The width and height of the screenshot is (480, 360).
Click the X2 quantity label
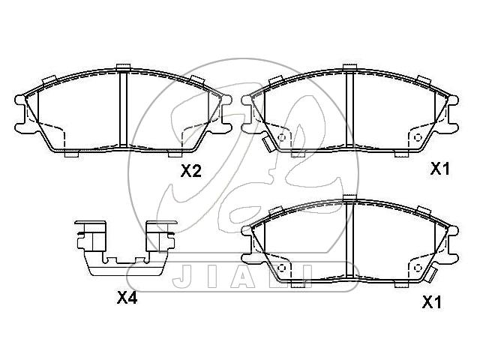[191, 171]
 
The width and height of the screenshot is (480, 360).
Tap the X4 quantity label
[127, 298]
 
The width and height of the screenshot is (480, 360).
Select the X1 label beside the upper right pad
[440, 169]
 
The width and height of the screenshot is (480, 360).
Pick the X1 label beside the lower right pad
[432, 302]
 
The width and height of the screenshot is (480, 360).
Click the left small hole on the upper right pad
[282, 137]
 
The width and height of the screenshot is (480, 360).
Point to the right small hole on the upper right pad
[418, 137]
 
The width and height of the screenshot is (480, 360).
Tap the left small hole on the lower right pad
[282, 268]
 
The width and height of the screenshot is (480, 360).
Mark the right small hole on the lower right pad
[418, 268]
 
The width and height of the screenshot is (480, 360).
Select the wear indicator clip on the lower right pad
[431, 274]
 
